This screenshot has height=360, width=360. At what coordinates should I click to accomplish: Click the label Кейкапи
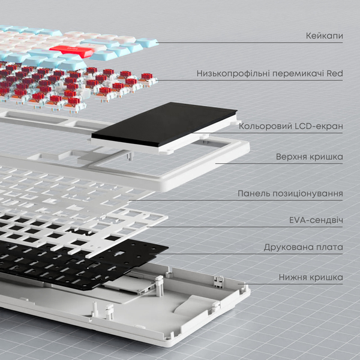[324, 37]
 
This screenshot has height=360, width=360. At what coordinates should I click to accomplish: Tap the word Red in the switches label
[335, 74]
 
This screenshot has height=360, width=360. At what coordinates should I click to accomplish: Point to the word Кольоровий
[262, 127]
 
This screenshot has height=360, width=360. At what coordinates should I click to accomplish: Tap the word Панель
[253, 194]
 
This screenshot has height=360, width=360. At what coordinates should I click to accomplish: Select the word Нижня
[294, 277]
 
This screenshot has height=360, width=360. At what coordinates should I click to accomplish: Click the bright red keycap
[71, 52]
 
